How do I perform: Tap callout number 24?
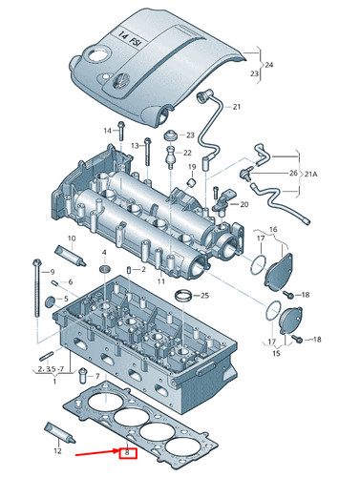coord(268,65)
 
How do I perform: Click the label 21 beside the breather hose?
coord(237,106)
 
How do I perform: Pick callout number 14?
coord(108,128)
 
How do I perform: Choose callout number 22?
coord(187,153)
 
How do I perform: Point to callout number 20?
coord(244,204)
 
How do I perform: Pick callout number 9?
coord(52,273)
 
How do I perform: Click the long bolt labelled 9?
coord(35,286)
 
